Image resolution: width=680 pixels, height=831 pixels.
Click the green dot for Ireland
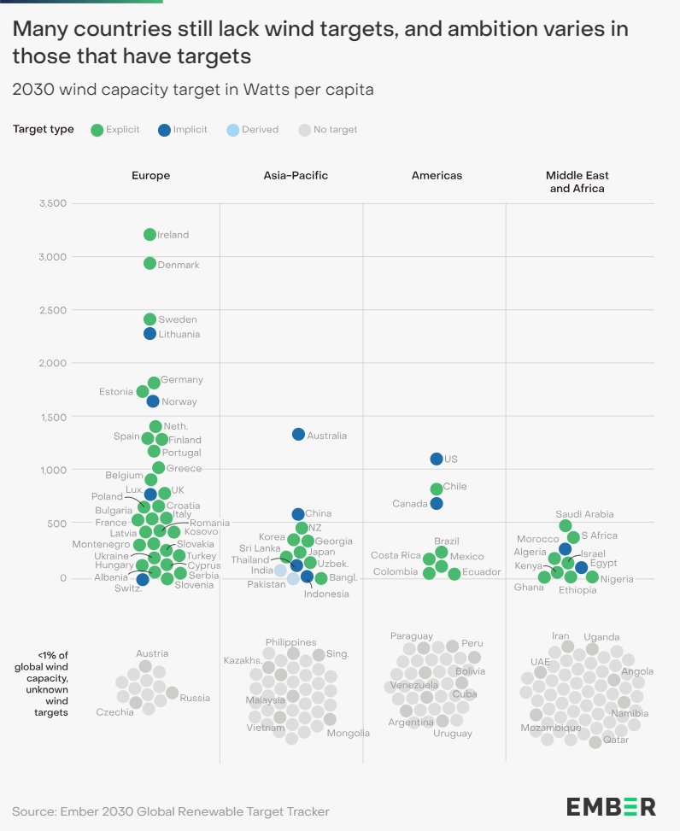(x=149, y=235)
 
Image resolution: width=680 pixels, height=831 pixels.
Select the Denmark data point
(x=149, y=264)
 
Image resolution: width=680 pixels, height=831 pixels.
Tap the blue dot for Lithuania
(x=149, y=334)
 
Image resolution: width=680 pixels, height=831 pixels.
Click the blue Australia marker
(x=298, y=435)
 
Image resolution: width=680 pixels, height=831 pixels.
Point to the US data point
(x=437, y=459)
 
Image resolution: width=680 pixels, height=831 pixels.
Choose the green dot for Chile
(x=437, y=489)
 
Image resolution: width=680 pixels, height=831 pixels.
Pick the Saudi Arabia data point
(x=565, y=526)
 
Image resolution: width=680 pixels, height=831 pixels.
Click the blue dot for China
(x=298, y=514)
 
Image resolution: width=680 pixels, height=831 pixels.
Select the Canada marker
(x=437, y=504)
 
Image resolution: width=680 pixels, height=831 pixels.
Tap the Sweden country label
(x=178, y=319)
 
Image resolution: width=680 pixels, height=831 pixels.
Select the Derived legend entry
(x=252, y=130)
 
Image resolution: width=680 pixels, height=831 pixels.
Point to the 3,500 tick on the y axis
(x=52, y=203)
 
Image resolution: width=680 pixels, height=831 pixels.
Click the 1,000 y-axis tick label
(x=52, y=470)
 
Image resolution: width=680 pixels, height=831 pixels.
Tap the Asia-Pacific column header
(x=296, y=175)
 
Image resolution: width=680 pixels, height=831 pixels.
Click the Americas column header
(x=437, y=175)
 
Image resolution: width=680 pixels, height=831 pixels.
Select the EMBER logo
(x=611, y=806)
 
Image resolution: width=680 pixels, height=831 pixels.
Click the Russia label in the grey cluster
(x=195, y=698)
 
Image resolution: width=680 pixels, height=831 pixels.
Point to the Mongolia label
(x=348, y=733)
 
